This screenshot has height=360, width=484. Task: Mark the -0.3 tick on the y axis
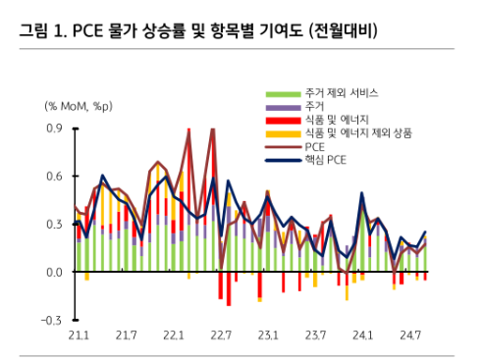pyautogui.click(x=51, y=321)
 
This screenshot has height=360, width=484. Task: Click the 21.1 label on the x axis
pyautogui.click(x=79, y=336)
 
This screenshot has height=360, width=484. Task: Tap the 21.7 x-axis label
pyautogui.click(x=126, y=336)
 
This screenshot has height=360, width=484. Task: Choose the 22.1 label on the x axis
pyautogui.click(x=174, y=336)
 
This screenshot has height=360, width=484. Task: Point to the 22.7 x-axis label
pyautogui.click(x=221, y=336)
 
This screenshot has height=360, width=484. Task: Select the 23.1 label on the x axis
pyautogui.click(x=268, y=336)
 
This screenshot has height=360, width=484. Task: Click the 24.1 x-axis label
pyautogui.click(x=363, y=336)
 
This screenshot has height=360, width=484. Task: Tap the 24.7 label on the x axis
pyautogui.click(x=410, y=336)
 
